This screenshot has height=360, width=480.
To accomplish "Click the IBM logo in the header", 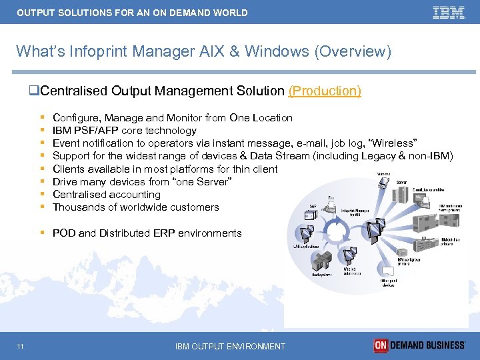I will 448,12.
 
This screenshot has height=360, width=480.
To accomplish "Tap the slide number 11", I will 21,345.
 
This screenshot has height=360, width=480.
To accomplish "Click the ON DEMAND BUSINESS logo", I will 419,345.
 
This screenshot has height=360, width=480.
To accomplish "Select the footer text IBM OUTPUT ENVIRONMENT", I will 230,346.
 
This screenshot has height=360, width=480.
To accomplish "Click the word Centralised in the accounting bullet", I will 79,195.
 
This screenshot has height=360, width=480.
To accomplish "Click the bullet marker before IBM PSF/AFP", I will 42,131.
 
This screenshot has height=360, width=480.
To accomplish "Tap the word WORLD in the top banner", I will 229,13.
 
